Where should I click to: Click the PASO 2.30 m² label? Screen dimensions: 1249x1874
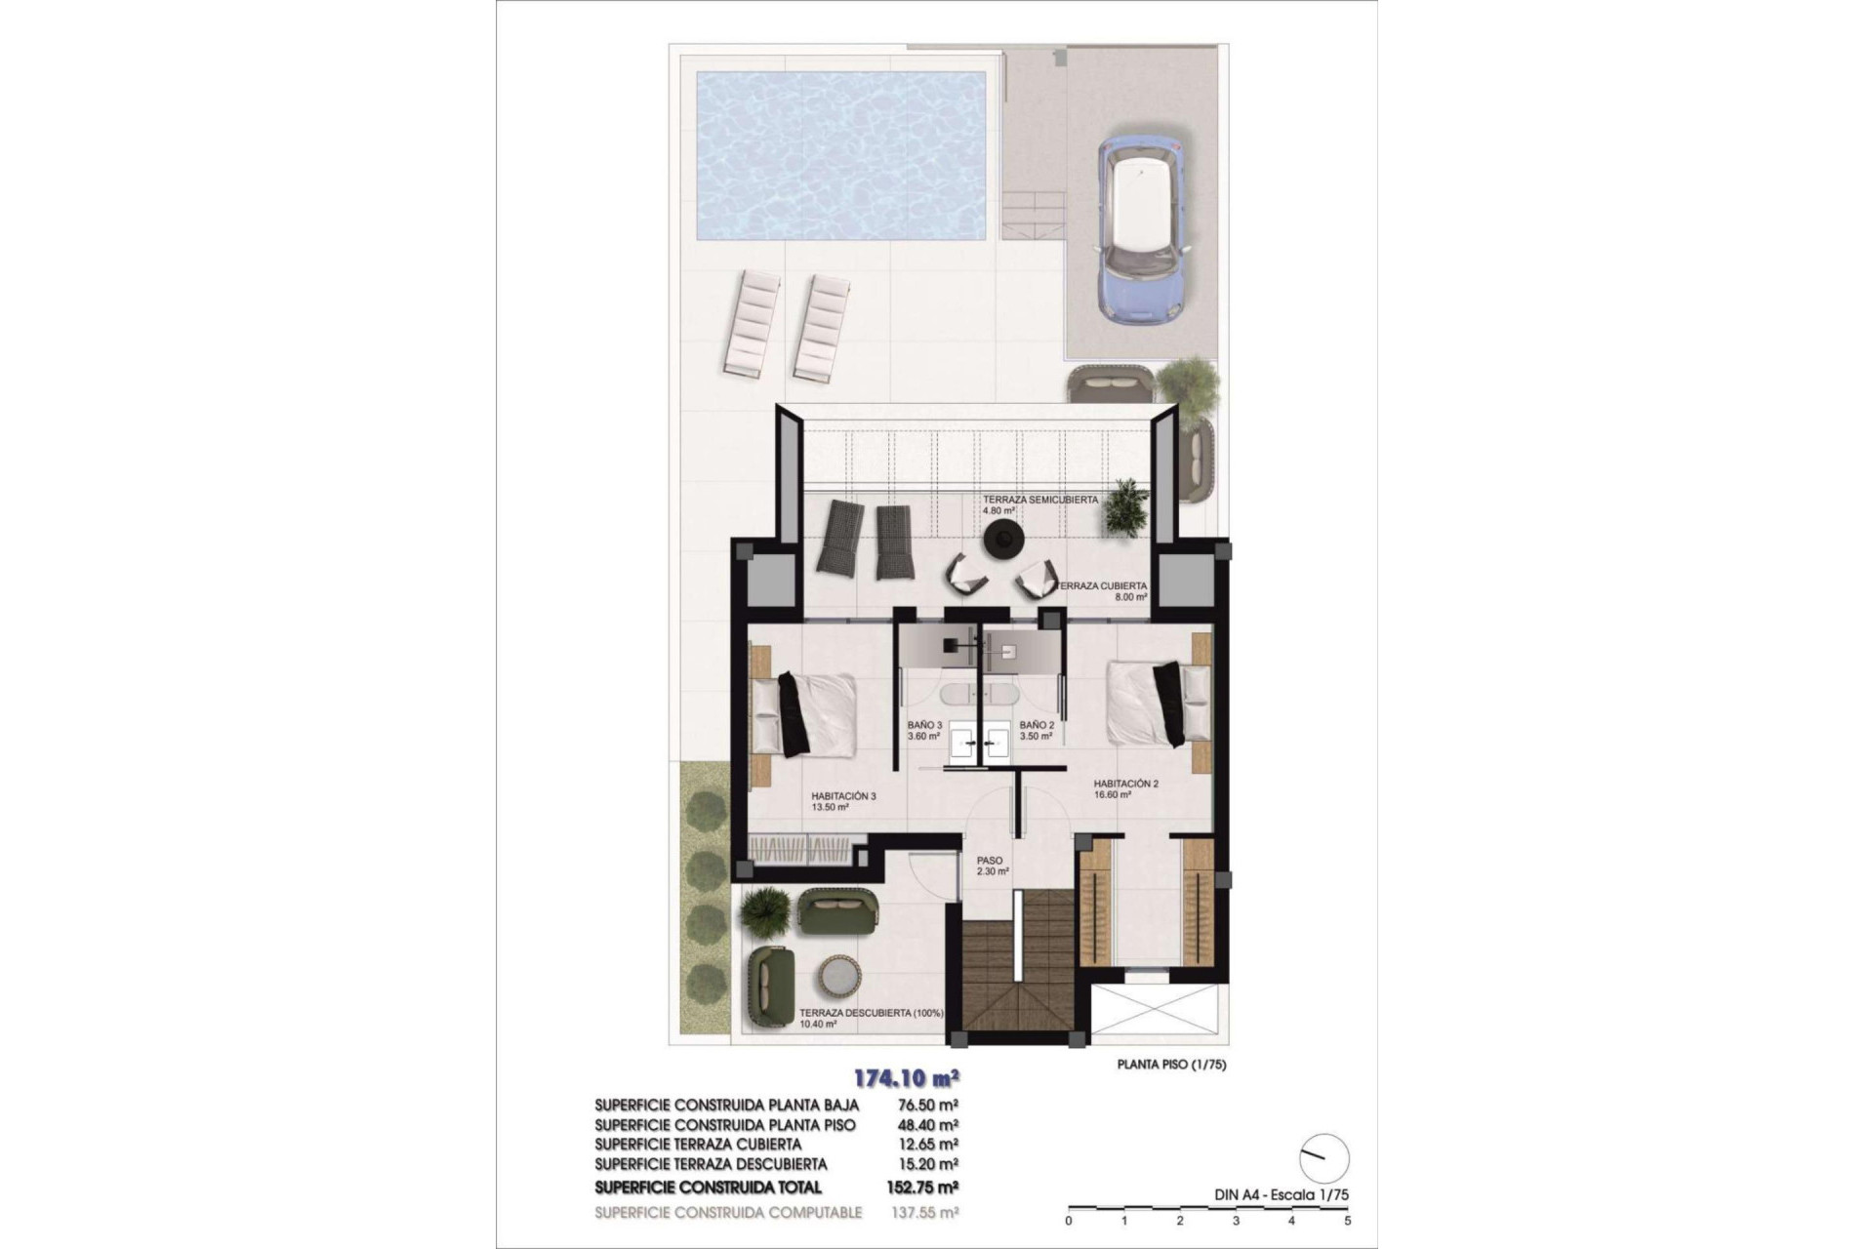[x=992, y=866]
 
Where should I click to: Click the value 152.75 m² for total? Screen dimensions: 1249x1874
[x=927, y=1188]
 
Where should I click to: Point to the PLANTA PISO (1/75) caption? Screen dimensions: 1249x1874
[x=1171, y=1065]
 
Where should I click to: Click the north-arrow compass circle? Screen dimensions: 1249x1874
[x=1325, y=1158]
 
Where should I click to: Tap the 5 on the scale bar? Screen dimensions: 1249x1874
[x=1348, y=1220]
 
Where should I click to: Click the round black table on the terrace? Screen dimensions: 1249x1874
[x=1001, y=539]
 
